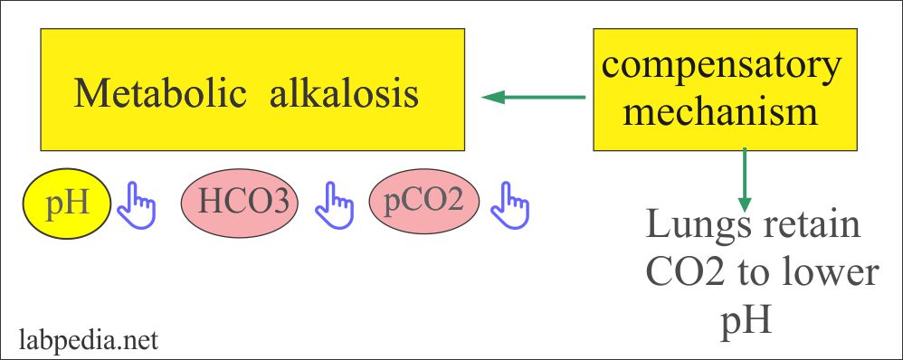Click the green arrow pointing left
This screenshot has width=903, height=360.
click(x=534, y=96)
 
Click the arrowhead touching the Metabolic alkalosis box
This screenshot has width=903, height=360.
click(x=492, y=96)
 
